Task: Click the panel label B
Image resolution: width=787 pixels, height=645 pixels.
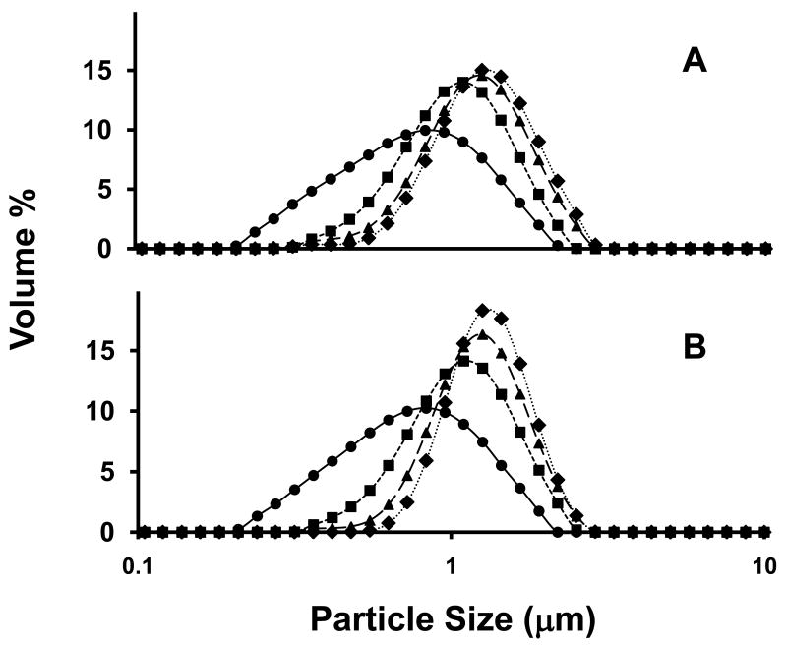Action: pos(696,348)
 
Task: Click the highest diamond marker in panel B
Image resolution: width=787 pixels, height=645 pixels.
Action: pos(482,311)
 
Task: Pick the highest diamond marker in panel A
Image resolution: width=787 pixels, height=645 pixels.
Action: pos(482,71)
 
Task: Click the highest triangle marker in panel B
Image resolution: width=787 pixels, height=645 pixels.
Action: pos(482,334)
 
